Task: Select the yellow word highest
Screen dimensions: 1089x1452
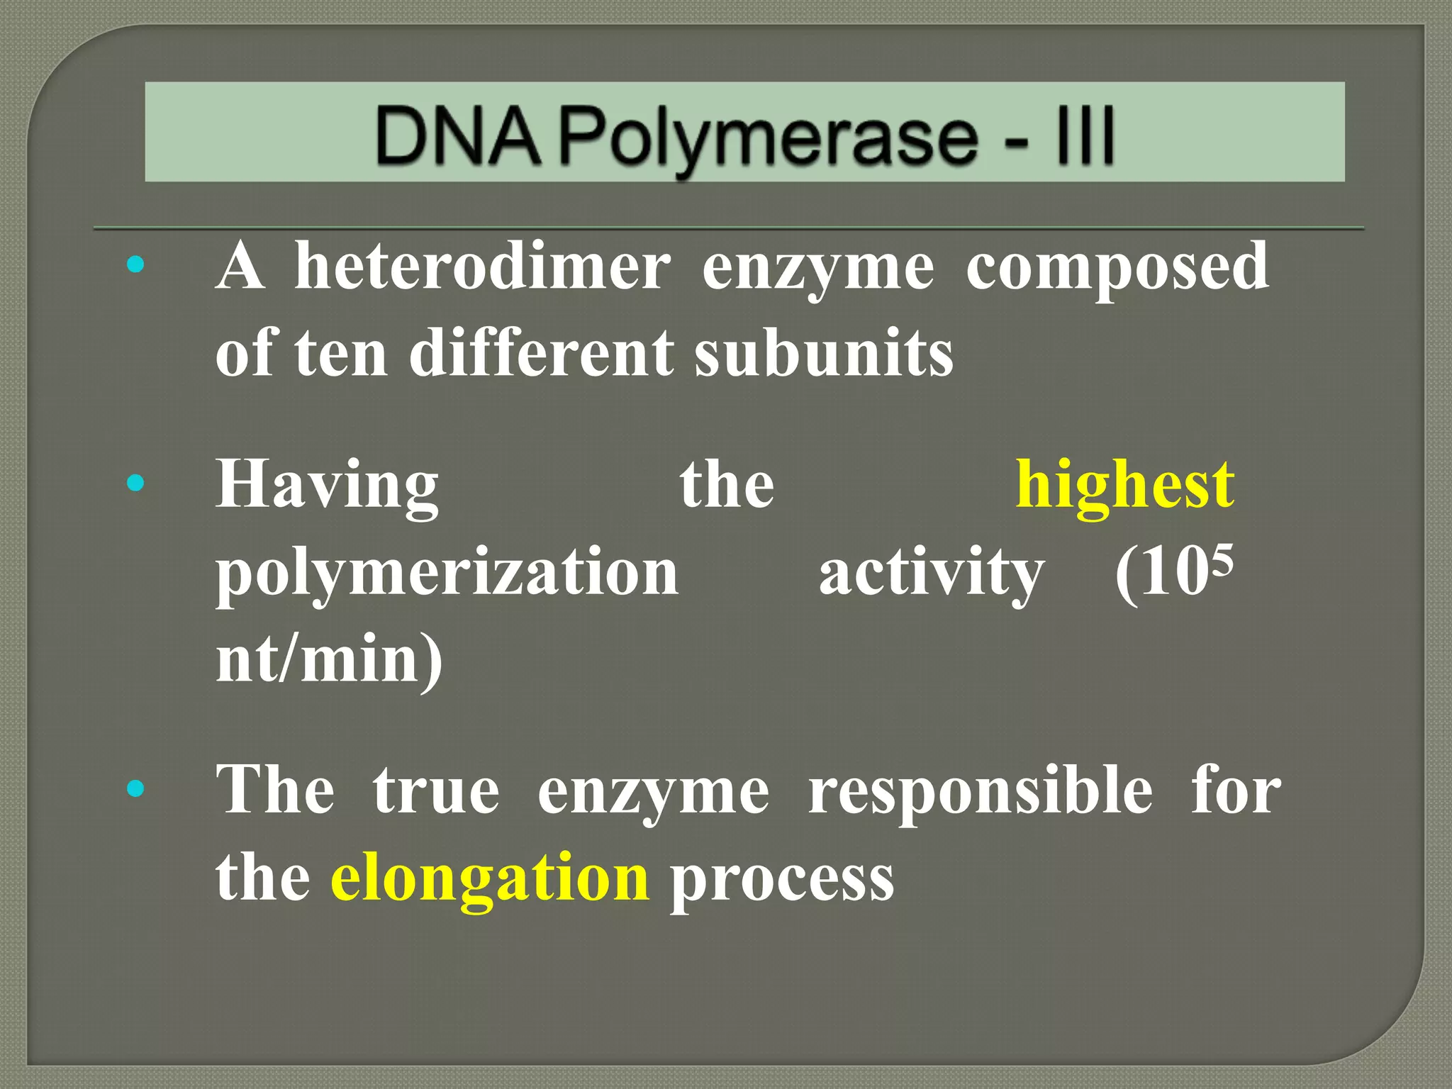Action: [x=1125, y=485]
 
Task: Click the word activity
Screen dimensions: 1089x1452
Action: [x=931, y=573]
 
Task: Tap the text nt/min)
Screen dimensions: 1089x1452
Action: [x=329, y=659]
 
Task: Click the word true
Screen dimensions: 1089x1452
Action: [x=436, y=790]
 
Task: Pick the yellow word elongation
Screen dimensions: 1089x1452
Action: [x=490, y=878]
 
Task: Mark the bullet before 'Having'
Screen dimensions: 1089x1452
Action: [x=135, y=484]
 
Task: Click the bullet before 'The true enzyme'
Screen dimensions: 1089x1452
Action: [x=135, y=788]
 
